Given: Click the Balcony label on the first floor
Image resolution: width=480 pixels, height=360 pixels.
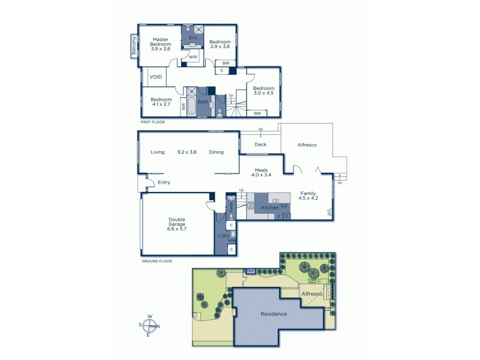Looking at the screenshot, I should pos(134,46).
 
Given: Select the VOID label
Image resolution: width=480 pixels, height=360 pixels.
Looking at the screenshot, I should pos(156,77).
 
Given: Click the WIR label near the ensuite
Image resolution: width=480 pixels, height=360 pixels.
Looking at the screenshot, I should pos(193,57).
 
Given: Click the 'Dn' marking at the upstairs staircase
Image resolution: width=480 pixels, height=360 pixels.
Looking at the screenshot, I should pos(231,95).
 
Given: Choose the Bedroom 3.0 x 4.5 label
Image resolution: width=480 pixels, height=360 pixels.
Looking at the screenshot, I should pos(263,90).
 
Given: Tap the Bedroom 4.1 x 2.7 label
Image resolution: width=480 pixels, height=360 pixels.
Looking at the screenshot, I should pos(161,102).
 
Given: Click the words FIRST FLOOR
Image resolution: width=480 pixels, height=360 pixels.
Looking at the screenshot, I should pos(152,122).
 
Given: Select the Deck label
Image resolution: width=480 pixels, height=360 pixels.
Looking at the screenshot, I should pos(260,145).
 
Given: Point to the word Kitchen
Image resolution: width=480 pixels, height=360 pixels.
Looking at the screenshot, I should pos(269,208).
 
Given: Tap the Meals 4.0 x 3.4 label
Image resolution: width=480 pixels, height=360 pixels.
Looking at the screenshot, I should pos(260,172).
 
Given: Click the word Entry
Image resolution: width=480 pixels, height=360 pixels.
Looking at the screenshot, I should pos(164,182).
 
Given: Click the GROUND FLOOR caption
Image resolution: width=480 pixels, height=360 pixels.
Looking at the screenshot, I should pos(157,261).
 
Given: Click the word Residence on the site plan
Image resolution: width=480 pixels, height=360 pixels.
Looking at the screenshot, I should pos(273,314).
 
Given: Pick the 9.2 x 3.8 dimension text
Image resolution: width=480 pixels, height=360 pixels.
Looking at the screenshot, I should pos(187,152).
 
